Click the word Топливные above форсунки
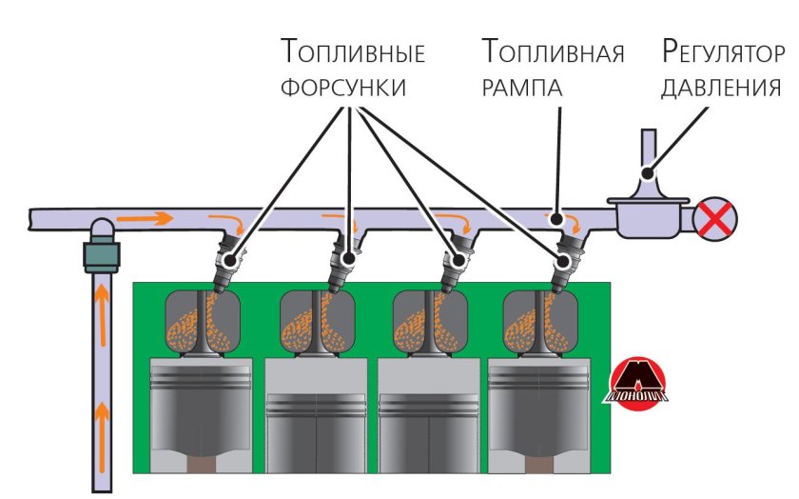[x=352, y=50]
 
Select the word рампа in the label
[x=522, y=88]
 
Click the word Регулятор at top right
[x=724, y=50]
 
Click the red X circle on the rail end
[x=714, y=220]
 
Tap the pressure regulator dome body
[x=646, y=211]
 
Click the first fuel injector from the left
[x=227, y=264]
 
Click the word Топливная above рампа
[x=553, y=50]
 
